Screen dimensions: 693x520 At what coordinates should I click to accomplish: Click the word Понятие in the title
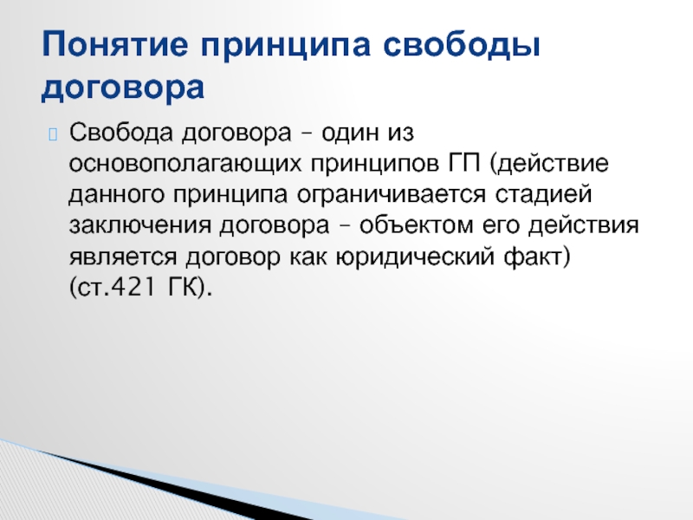[x=115, y=44]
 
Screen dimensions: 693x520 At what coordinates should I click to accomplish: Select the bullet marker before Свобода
[x=53, y=134]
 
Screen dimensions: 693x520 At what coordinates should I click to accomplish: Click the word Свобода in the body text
[x=120, y=133]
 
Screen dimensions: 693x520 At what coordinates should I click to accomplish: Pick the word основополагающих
[x=185, y=164]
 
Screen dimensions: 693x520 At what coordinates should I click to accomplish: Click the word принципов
[x=376, y=164]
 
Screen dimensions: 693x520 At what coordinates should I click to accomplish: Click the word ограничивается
[x=392, y=195]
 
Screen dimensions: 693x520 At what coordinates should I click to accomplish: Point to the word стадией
[x=543, y=193]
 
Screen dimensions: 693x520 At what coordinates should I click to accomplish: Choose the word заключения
[x=140, y=225]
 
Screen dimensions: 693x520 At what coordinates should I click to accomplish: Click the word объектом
[x=417, y=224]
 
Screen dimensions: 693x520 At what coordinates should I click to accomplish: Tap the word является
[x=123, y=257]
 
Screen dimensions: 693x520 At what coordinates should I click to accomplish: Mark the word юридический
[x=415, y=257]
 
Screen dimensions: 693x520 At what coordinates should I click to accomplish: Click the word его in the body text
[x=501, y=226]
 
